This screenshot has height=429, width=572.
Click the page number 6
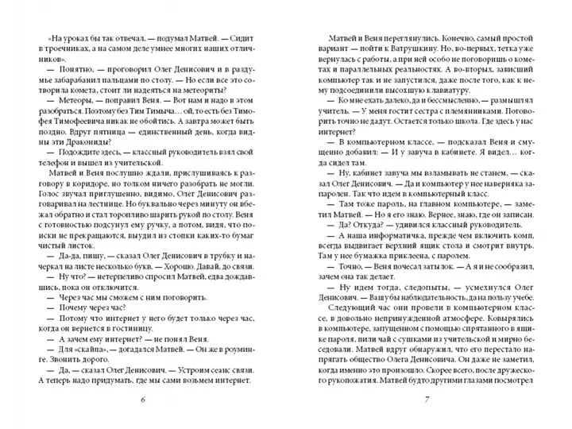tap(142, 398)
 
